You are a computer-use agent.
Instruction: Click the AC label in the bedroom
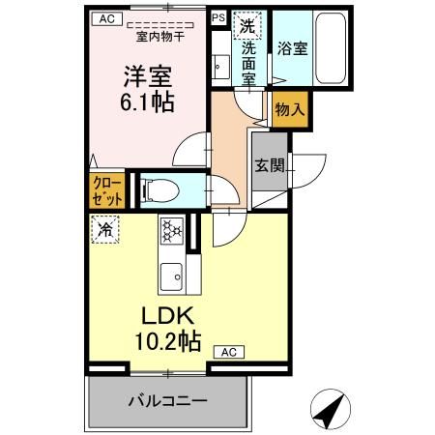(x=105, y=18)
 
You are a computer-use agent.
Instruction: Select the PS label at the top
(x=218, y=17)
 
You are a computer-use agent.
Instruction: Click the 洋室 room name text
(x=145, y=72)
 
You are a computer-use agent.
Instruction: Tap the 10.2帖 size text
(x=170, y=340)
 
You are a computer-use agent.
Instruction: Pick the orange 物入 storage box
(x=289, y=109)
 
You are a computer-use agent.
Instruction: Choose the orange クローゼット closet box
(x=108, y=189)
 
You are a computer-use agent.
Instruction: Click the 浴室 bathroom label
(x=293, y=47)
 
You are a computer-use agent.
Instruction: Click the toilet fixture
(x=159, y=189)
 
